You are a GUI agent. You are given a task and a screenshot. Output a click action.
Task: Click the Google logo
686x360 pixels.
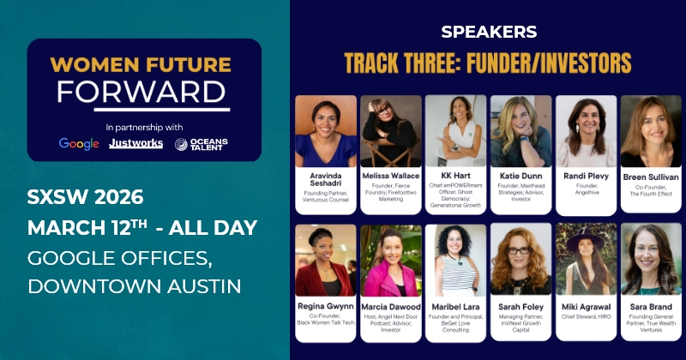point(79,143)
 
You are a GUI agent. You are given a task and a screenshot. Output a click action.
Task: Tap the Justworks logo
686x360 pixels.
point(135,143)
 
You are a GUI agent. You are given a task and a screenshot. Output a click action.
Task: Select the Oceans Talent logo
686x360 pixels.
point(202,143)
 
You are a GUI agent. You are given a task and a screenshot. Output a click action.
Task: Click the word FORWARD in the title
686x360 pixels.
point(144,90)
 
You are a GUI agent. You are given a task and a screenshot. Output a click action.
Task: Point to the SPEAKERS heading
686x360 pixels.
point(489,32)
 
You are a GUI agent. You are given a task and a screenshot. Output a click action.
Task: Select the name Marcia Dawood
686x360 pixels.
point(391,306)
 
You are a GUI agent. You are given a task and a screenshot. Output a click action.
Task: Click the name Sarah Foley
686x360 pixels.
point(521,306)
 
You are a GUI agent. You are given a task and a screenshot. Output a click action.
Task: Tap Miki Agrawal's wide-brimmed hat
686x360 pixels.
point(587,239)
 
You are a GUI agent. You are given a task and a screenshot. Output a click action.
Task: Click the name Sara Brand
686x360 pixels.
point(651,306)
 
